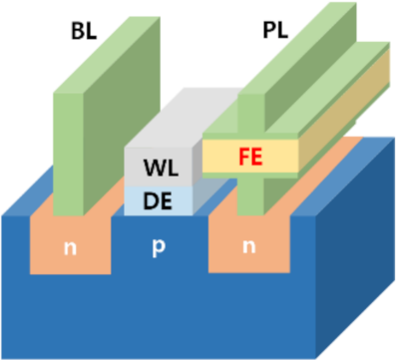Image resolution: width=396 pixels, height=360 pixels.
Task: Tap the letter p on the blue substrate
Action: (156, 245)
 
